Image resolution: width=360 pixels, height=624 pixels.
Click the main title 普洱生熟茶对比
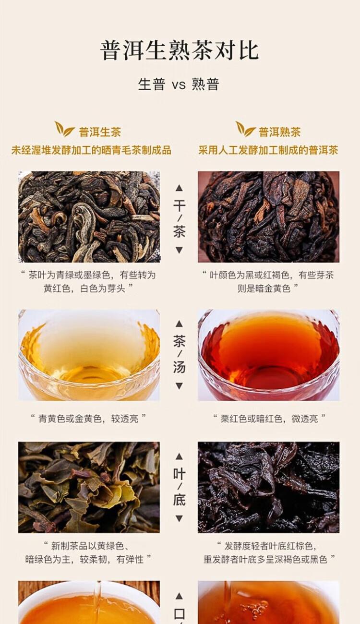[180, 50]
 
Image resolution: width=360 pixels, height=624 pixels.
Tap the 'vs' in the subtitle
[179, 84]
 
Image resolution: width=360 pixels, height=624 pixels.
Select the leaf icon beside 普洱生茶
[64, 129]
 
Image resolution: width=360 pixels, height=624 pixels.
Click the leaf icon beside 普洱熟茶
[245, 129]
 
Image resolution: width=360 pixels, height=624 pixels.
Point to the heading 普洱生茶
[100, 132]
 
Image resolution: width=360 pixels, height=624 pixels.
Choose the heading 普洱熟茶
[280, 132]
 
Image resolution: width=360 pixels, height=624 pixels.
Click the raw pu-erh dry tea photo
[89, 217]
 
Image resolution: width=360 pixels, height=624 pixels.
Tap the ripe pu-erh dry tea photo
[269, 217]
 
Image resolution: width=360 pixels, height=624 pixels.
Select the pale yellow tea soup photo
[89, 355]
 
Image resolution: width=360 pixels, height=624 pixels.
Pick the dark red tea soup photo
[269, 355]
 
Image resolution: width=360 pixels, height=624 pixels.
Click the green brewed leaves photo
[89, 487]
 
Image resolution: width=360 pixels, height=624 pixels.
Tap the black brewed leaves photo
[269, 487]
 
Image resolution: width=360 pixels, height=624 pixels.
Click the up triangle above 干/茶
[179, 188]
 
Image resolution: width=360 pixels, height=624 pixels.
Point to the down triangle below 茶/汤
[179, 386]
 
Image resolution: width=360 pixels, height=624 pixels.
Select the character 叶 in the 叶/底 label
[179, 474]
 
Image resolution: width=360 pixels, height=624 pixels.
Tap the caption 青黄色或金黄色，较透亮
[88, 418]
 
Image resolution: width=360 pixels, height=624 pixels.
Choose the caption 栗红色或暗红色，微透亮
[269, 418]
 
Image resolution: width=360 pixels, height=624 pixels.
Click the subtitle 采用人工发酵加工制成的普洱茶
[268, 150]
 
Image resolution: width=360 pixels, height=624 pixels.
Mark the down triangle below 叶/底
[179, 518]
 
